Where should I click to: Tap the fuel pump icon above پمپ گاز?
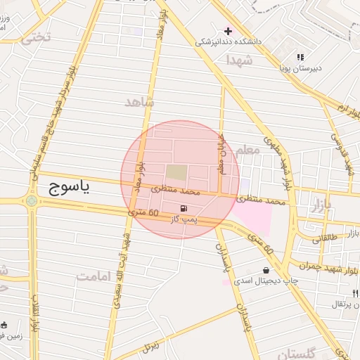pyautogui.click(x=184, y=208)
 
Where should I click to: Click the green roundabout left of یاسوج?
pyautogui.click(x=32, y=201)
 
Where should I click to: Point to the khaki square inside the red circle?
pyautogui.click(x=177, y=172)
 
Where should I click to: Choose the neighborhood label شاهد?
pyautogui.click(x=139, y=103)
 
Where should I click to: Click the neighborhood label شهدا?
pyautogui.click(x=240, y=60)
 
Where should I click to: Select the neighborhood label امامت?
pyautogui.click(x=94, y=276)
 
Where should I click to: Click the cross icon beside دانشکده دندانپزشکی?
pyautogui.click(x=228, y=31)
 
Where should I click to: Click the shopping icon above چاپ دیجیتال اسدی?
pyautogui.click(x=266, y=270)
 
